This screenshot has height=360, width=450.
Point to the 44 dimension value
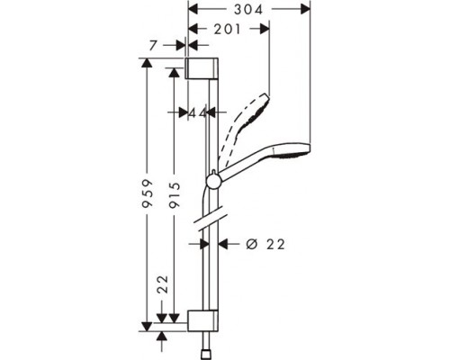coord(193,112)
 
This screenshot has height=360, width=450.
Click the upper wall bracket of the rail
coord(202,69)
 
